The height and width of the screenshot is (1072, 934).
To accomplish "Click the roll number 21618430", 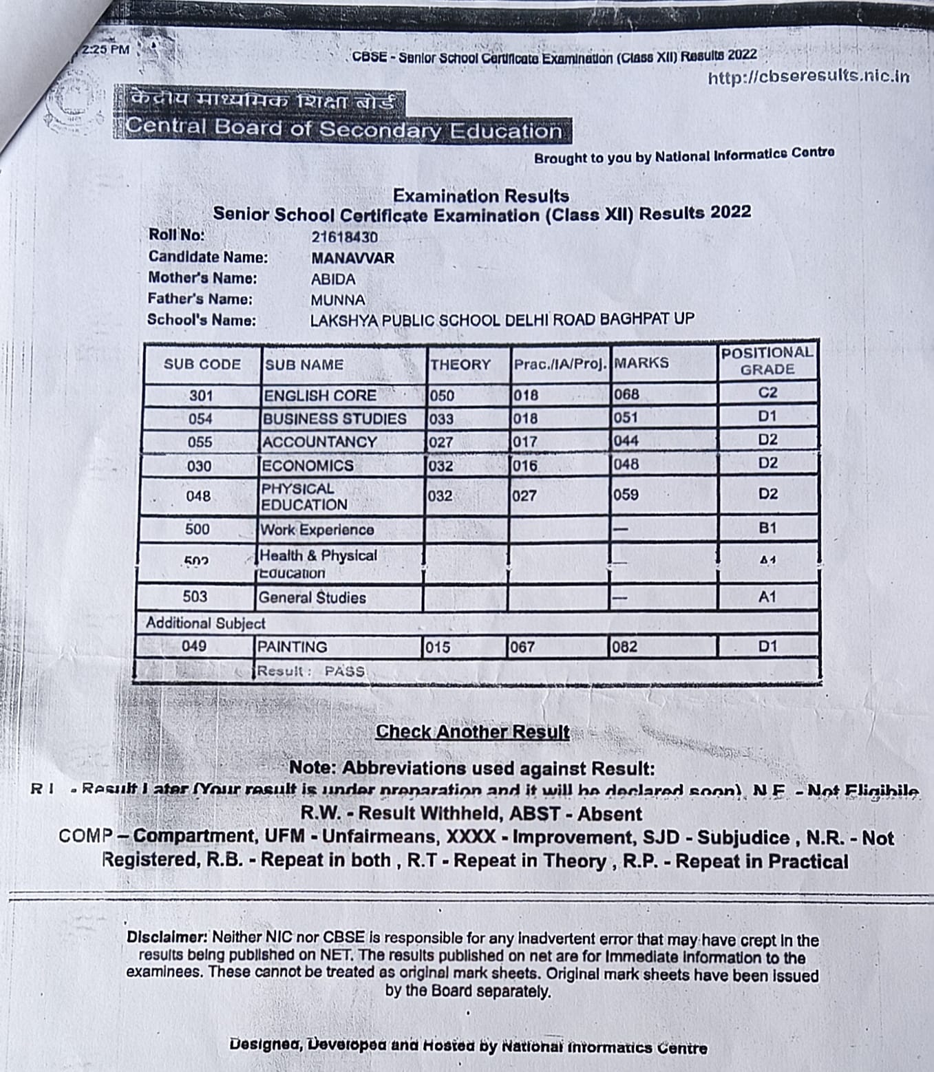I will coord(344,237).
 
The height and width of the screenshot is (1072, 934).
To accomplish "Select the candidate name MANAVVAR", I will coord(352,259).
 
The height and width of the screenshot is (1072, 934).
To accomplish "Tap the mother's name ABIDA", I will coord(333,279).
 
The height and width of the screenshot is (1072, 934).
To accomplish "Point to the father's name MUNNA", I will coord(337,300).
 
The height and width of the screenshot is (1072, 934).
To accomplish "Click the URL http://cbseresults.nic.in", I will coord(808,76).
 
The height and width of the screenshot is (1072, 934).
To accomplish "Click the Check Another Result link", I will coord(472,731).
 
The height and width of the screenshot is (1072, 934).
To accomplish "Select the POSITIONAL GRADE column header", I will coord(767,361).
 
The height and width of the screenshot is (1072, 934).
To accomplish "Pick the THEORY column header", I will coord(460,365).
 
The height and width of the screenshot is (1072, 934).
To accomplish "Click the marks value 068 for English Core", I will coord(626,394).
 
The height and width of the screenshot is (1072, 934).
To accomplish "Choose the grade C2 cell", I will coord(767,393).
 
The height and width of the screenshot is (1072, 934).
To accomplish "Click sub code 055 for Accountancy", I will coord(200,442).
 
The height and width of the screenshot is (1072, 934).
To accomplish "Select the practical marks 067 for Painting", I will coord(522,647).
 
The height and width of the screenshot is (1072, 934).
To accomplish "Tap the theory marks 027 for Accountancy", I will coord(441,442).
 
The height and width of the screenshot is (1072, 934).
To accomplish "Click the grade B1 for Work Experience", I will coord(767,528).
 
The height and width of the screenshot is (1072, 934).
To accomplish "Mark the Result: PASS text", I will coord(310,671).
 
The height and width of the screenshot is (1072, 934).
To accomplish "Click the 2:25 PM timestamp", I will coord(105,50).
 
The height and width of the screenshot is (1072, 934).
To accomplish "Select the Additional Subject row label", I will coord(205,623).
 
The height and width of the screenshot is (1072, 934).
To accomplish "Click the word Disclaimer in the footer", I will coord(167,937).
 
